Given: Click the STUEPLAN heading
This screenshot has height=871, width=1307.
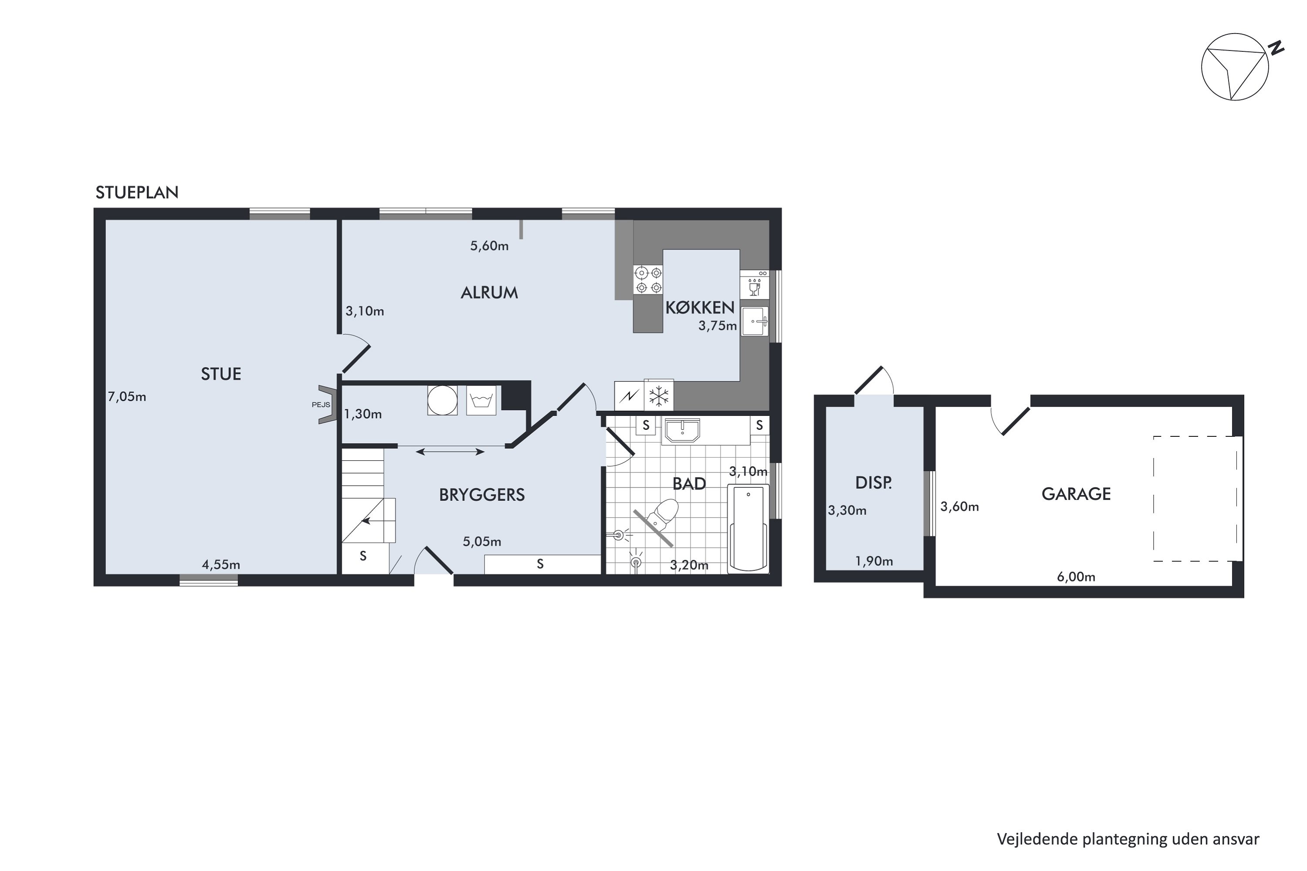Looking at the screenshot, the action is tap(137, 192).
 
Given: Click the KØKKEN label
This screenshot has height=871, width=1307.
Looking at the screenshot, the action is tap(700, 307).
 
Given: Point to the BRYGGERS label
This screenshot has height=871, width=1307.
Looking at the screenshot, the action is tap(482, 495).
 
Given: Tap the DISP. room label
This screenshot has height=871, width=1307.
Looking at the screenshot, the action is tap(874, 483).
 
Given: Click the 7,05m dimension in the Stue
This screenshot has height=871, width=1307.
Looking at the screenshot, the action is tap(127, 397).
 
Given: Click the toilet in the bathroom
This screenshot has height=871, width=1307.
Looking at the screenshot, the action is tap(663, 513).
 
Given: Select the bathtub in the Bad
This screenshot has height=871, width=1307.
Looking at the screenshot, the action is tap(748, 528).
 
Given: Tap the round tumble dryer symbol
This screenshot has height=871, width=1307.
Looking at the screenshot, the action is tap(442, 400).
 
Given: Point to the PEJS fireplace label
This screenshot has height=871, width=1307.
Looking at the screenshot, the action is tap(321, 405).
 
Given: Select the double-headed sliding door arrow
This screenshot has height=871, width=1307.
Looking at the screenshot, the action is tap(450, 452).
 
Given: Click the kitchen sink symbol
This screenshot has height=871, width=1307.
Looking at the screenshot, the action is tap(755, 321).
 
